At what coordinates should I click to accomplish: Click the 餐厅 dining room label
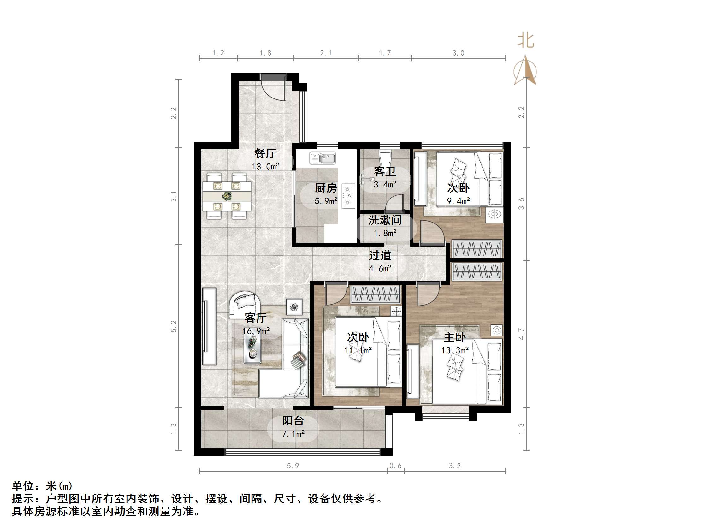(265, 153)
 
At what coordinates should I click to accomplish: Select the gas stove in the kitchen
(348, 195)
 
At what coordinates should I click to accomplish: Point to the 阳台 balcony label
(293, 421)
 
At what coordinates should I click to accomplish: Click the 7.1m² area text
(293, 434)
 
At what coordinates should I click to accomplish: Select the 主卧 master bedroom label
(455, 337)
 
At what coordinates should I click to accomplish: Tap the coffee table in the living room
(252, 348)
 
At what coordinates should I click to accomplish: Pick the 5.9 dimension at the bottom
(293, 466)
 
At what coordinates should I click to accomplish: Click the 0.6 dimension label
(395, 466)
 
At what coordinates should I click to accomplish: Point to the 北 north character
(525, 41)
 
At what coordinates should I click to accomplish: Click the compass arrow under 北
(525, 71)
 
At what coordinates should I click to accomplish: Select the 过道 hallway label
(380, 255)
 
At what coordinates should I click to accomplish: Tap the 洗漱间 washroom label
(385, 220)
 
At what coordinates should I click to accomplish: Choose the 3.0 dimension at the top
(458, 53)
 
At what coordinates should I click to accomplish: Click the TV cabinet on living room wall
(209, 326)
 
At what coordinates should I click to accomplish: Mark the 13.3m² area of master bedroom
(455, 350)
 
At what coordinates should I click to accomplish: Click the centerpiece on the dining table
(227, 196)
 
